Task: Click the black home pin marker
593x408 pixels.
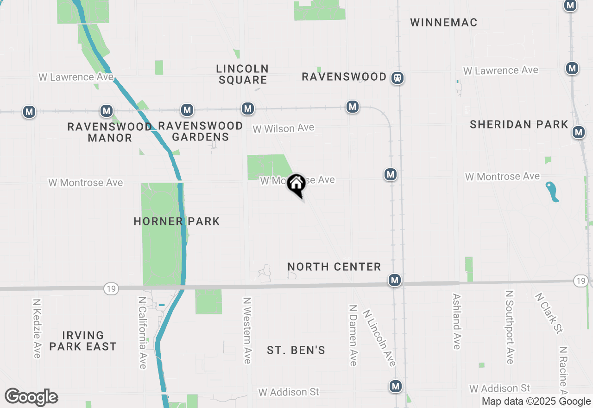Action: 296,184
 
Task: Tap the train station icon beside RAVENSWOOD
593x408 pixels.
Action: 397,78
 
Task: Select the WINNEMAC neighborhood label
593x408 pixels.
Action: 443,22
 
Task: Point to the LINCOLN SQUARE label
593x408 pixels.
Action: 242,74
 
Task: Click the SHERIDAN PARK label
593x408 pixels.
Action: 518,124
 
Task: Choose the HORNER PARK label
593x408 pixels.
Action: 177,221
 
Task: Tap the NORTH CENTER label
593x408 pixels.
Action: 334,267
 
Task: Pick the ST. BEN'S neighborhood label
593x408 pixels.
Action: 296,350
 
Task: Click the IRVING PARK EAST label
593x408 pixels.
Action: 83,341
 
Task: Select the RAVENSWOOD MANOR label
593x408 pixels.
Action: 110,132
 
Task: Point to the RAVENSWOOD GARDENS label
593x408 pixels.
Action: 200,131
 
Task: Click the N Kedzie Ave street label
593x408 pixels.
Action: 37,328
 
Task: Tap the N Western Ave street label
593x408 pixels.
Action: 246,330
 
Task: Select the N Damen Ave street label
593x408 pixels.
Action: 353,335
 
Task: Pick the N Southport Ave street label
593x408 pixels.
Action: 510,327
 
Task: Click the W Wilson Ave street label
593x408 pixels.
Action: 283,128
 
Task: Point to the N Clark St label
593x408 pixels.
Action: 549,312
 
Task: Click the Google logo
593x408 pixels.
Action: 31,397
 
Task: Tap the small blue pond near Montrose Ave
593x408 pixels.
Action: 552,191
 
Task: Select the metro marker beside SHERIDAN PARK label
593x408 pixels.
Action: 578,132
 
